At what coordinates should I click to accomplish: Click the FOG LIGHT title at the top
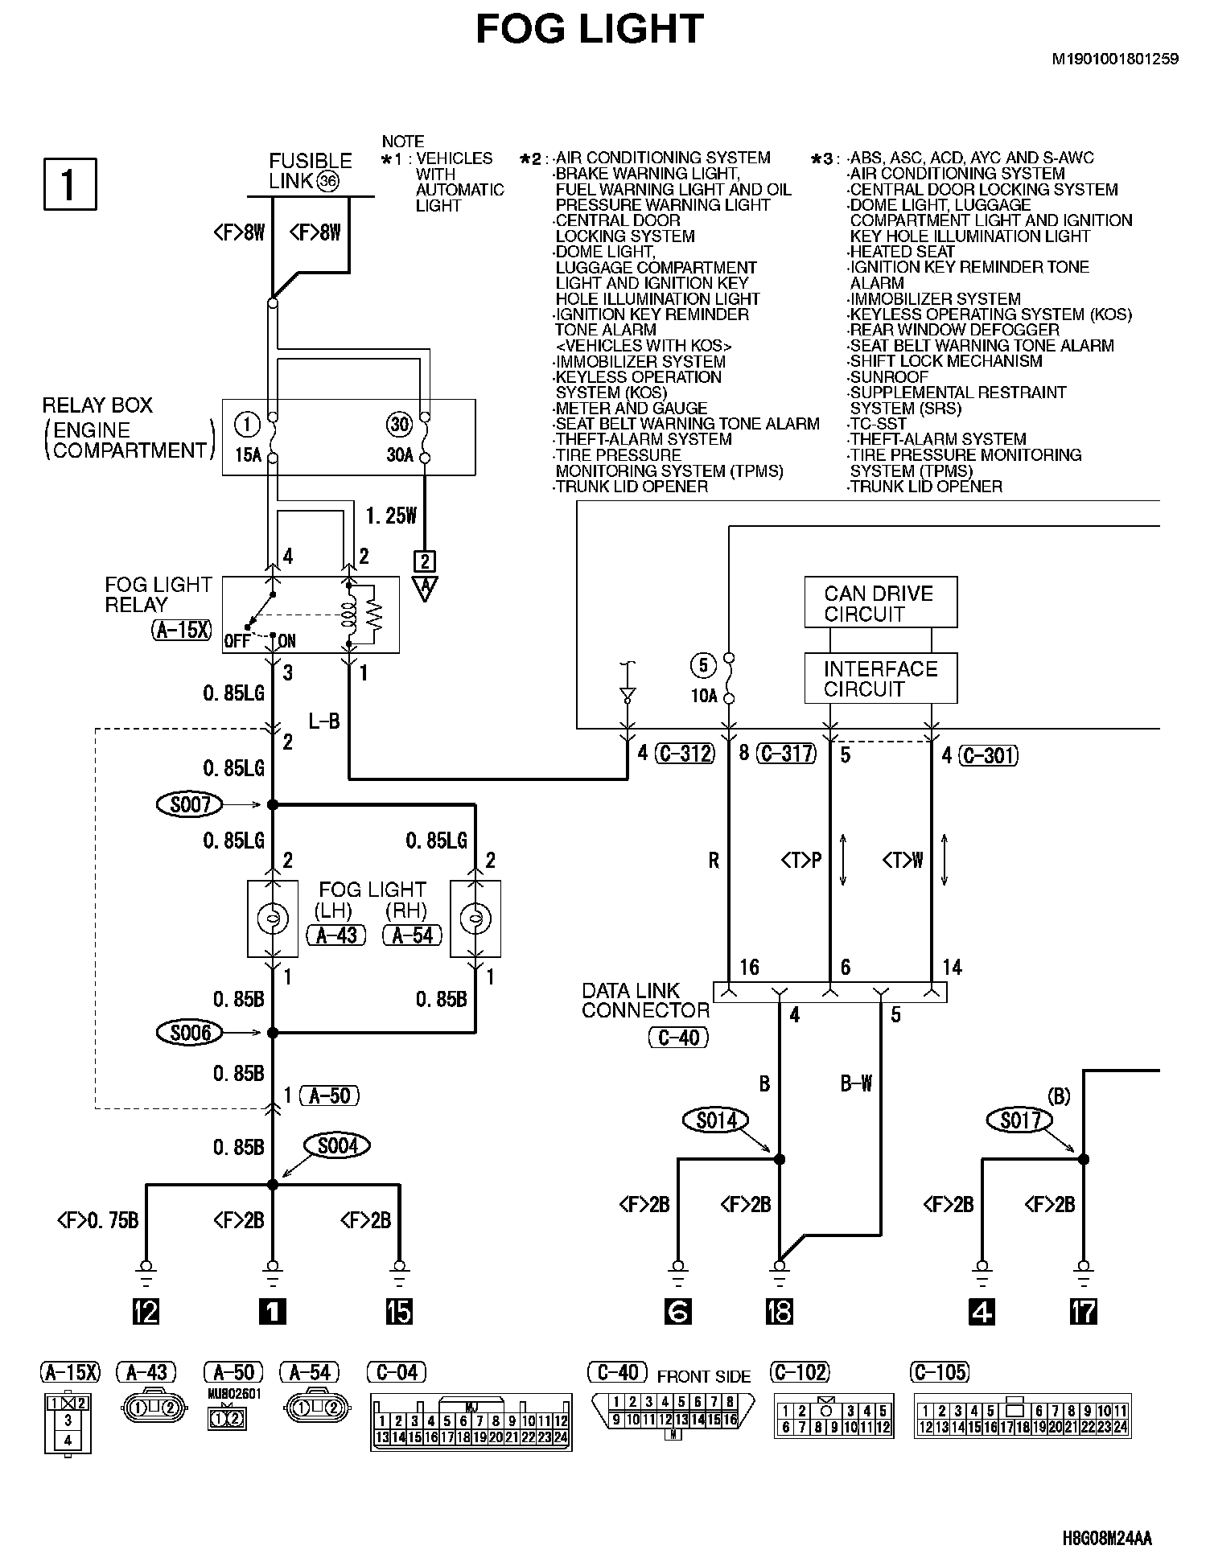pyautogui.click(x=590, y=30)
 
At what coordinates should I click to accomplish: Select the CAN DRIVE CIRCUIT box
pyautogui.click(x=880, y=602)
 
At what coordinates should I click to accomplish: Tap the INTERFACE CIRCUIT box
pyautogui.click(x=880, y=679)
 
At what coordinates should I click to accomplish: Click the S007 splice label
pyautogui.click(x=190, y=804)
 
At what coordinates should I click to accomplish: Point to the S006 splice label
pyautogui.click(x=190, y=1032)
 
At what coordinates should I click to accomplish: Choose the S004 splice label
pyautogui.click(x=337, y=1145)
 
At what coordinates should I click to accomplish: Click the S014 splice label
pyautogui.click(x=715, y=1120)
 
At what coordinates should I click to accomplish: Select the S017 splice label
pyautogui.click(x=1020, y=1120)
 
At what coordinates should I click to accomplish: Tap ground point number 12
pyautogui.click(x=146, y=1312)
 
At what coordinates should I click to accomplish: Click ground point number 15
pyautogui.click(x=399, y=1312)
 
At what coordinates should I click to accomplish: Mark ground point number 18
pyautogui.click(x=779, y=1312)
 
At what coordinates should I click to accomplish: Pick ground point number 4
pyautogui.click(x=982, y=1312)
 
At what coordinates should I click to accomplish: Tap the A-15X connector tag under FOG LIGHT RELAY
pyautogui.click(x=182, y=630)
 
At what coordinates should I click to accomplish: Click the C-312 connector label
pyautogui.click(x=685, y=754)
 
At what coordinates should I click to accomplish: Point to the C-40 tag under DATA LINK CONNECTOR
pyautogui.click(x=678, y=1038)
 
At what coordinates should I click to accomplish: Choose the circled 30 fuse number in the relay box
pyautogui.click(x=399, y=424)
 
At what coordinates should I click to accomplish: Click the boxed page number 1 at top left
pyautogui.click(x=70, y=184)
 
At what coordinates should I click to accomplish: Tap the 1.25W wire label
pyautogui.click(x=391, y=516)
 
